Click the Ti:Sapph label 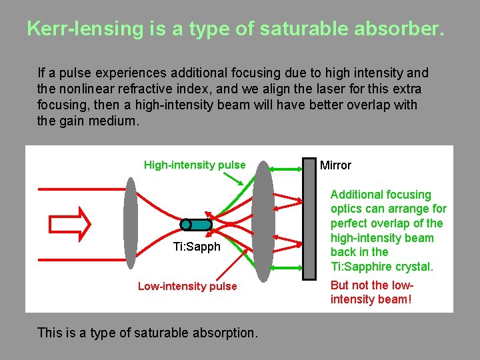pos(196,247)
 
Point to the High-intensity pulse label pos(195,165)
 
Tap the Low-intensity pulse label pos(187,287)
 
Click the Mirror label pos(335,165)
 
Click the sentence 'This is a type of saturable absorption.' pos(147,332)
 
